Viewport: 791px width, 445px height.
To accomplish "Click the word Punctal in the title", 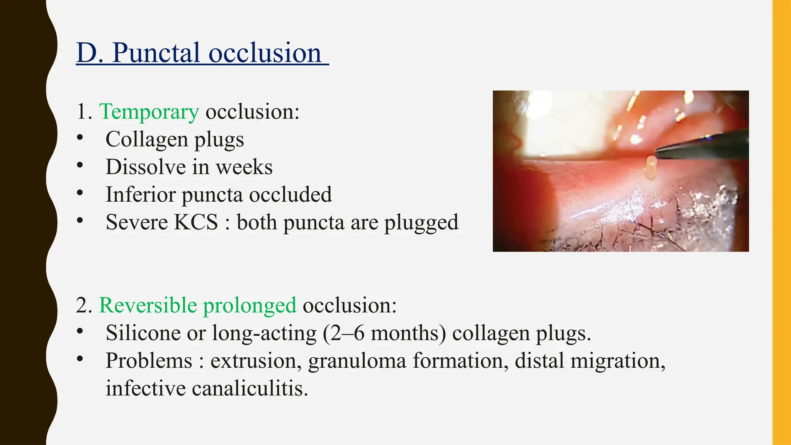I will [x=156, y=53].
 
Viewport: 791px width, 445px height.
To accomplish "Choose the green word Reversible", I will [x=148, y=305].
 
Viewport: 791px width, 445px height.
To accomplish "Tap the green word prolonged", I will [x=250, y=306].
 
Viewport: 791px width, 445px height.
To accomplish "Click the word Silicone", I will [x=143, y=333].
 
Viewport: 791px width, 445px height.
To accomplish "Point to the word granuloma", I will [x=357, y=361].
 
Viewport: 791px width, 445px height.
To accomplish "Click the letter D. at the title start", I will [x=89, y=53].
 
